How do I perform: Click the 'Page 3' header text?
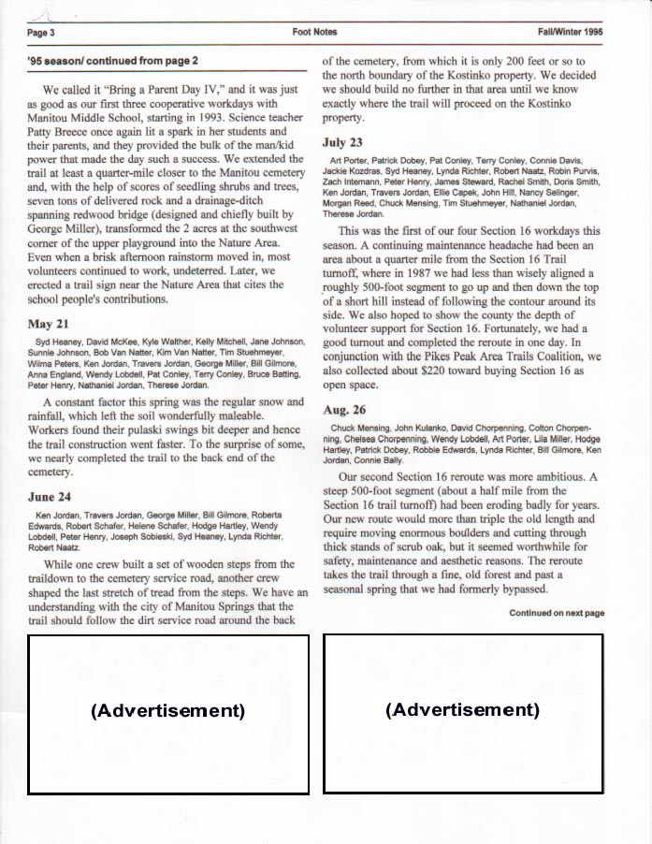tap(41, 33)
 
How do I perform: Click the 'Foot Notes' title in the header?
tap(314, 32)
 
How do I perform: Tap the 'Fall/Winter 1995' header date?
tap(570, 32)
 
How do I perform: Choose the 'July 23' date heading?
tap(342, 143)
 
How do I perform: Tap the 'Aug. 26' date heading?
tap(344, 410)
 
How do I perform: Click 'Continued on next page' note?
tap(557, 613)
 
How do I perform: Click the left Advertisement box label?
tap(168, 710)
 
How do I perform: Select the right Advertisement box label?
tap(463, 709)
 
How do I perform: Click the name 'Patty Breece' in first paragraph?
tap(63, 132)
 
